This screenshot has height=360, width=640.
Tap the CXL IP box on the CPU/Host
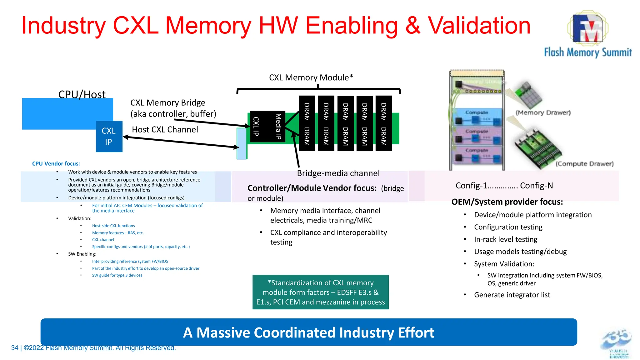pos(109,137)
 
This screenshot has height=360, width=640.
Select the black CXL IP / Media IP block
pos(267,127)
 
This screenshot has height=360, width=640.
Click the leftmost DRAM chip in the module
pos(307,124)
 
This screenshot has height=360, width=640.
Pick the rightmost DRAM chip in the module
pos(383,124)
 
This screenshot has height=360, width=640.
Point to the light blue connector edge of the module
pos(242,144)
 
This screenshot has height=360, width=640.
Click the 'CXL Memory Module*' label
pos(311,77)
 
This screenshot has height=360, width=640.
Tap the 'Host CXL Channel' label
pos(165,130)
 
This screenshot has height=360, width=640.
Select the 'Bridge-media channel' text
pos(338,173)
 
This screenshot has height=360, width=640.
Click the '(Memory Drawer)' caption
pos(543,113)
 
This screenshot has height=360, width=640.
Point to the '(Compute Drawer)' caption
pos(584,164)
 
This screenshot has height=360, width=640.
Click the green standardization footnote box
pos(320,292)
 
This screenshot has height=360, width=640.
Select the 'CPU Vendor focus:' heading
pos(56,164)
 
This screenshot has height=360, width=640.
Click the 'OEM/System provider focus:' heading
pos(507,202)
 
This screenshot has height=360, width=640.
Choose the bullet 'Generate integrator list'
pos(512,295)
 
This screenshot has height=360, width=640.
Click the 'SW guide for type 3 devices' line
pos(117,275)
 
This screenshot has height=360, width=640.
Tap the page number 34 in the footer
pos(14,348)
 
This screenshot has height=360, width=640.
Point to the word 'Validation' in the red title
pos(479,26)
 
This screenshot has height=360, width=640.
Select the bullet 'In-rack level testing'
pos(505,240)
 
